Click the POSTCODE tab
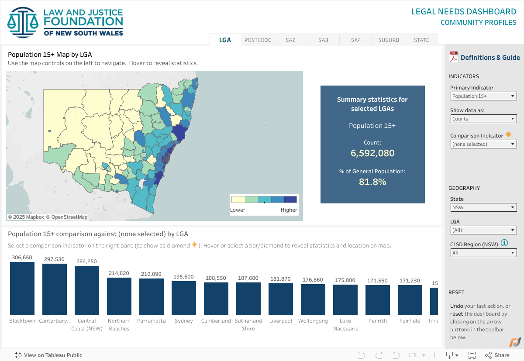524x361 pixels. (x=258, y=40)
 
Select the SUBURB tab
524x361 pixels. (x=389, y=40)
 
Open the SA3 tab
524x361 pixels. (x=323, y=40)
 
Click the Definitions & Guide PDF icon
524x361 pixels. (x=454, y=57)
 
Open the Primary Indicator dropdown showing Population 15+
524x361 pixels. (x=483, y=96)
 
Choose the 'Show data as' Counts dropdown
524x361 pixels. (x=483, y=119)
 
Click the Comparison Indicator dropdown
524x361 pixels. (x=483, y=144)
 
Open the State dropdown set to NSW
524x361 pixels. (x=483, y=208)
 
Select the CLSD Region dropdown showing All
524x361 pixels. (x=483, y=253)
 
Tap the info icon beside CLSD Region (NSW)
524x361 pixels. (x=504, y=243)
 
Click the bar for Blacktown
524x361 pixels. (x=22, y=288)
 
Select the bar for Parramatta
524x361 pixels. (x=152, y=296)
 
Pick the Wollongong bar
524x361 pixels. (x=313, y=299)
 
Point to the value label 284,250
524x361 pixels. (x=86, y=261)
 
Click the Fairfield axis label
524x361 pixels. (x=410, y=321)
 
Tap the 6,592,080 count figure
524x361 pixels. (x=372, y=153)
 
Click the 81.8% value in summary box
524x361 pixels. (x=372, y=182)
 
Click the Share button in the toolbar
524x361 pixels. (x=497, y=355)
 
